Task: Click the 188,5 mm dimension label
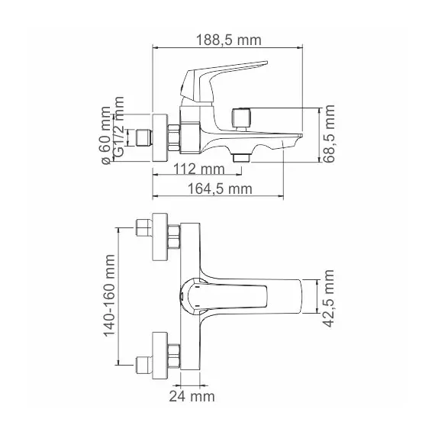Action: pos(228,40)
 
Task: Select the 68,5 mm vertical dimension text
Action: pos(330,134)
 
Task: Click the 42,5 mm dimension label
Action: pos(330,297)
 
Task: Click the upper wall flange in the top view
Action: pos(159,236)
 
